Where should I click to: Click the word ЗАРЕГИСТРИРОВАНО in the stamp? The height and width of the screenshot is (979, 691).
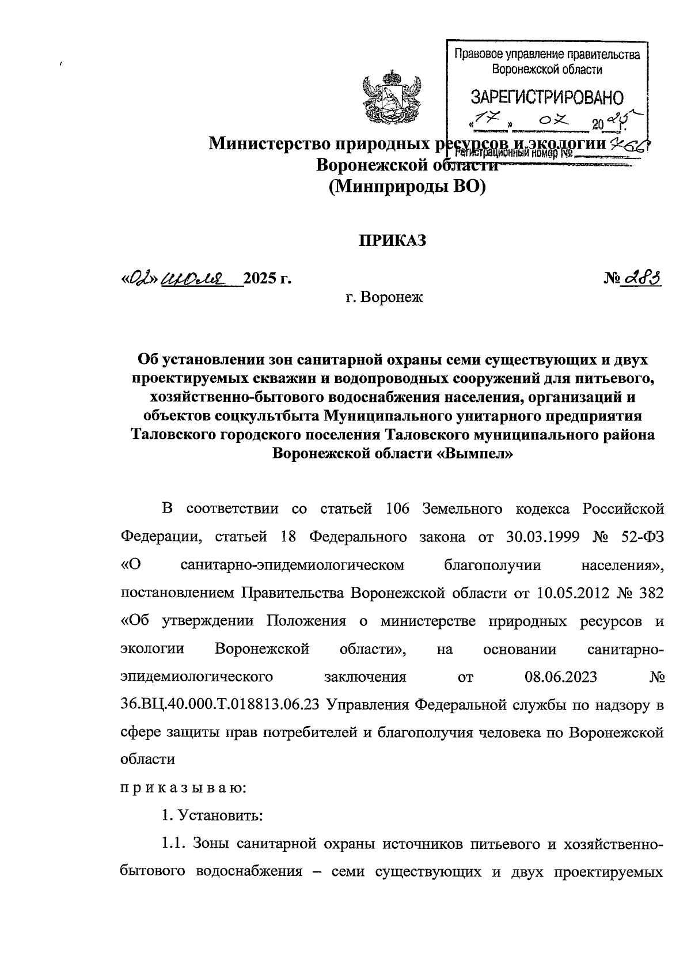tap(546, 96)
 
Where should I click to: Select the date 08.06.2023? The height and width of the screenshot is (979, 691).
tap(560, 677)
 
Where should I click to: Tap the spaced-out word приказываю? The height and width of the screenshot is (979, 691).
tap(184, 788)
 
